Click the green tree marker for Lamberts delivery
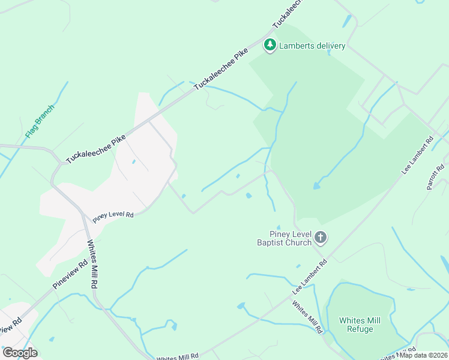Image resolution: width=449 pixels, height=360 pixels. click(270, 45)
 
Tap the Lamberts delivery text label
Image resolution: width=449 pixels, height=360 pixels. click(312, 46)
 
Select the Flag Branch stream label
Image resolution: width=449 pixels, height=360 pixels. click(40, 121)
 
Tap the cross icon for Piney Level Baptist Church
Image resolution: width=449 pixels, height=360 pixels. click(321, 238)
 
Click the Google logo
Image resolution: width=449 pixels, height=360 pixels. click(20, 352)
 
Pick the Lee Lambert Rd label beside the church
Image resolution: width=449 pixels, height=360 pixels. click(310, 276)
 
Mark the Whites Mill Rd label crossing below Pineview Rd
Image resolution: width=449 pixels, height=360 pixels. click(93, 265)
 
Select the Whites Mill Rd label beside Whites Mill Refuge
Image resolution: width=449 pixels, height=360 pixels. click(308, 317)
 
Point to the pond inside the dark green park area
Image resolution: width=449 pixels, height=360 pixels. click(316, 186)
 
